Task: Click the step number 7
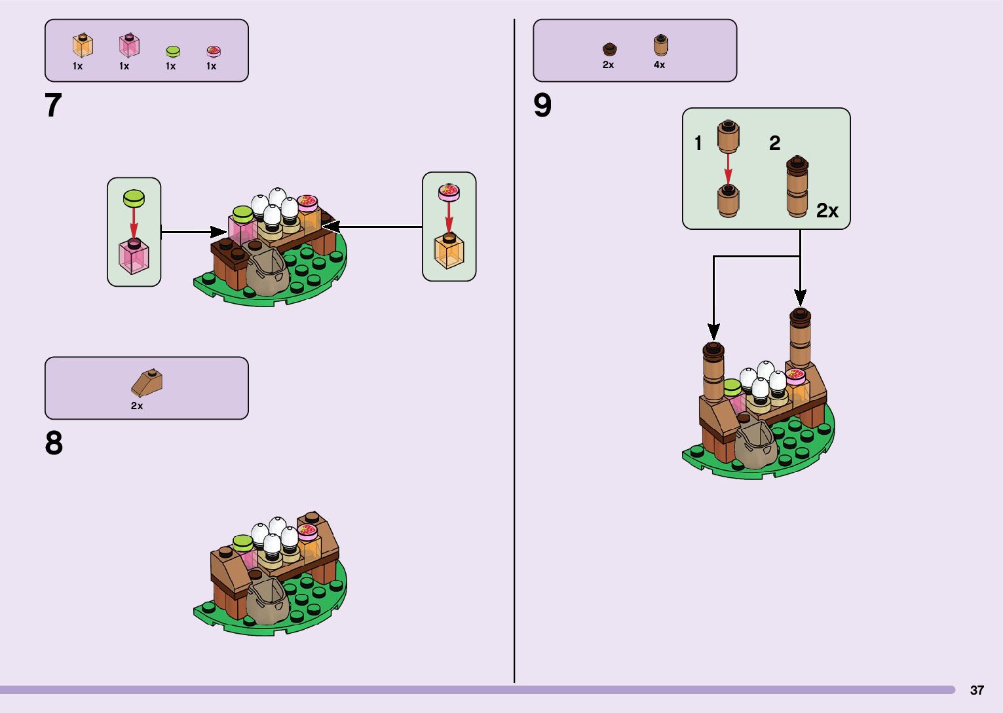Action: click(x=53, y=105)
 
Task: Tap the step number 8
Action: click(x=54, y=443)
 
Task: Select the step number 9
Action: click(x=542, y=105)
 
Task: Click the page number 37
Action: click(x=977, y=690)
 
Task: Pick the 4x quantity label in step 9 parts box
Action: click(x=659, y=65)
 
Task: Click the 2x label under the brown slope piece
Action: click(x=136, y=406)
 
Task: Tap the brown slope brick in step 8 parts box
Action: click(x=147, y=382)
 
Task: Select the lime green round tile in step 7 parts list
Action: click(x=172, y=51)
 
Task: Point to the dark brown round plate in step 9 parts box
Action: click(x=609, y=48)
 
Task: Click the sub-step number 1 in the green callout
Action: click(x=698, y=143)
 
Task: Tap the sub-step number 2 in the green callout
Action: click(x=774, y=143)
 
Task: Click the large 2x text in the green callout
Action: click(x=827, y=210)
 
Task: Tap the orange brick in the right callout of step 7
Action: click(x=449, y=251)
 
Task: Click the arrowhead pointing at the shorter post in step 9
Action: click(x=714, y=332)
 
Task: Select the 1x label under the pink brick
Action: click(x=124, y=66)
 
